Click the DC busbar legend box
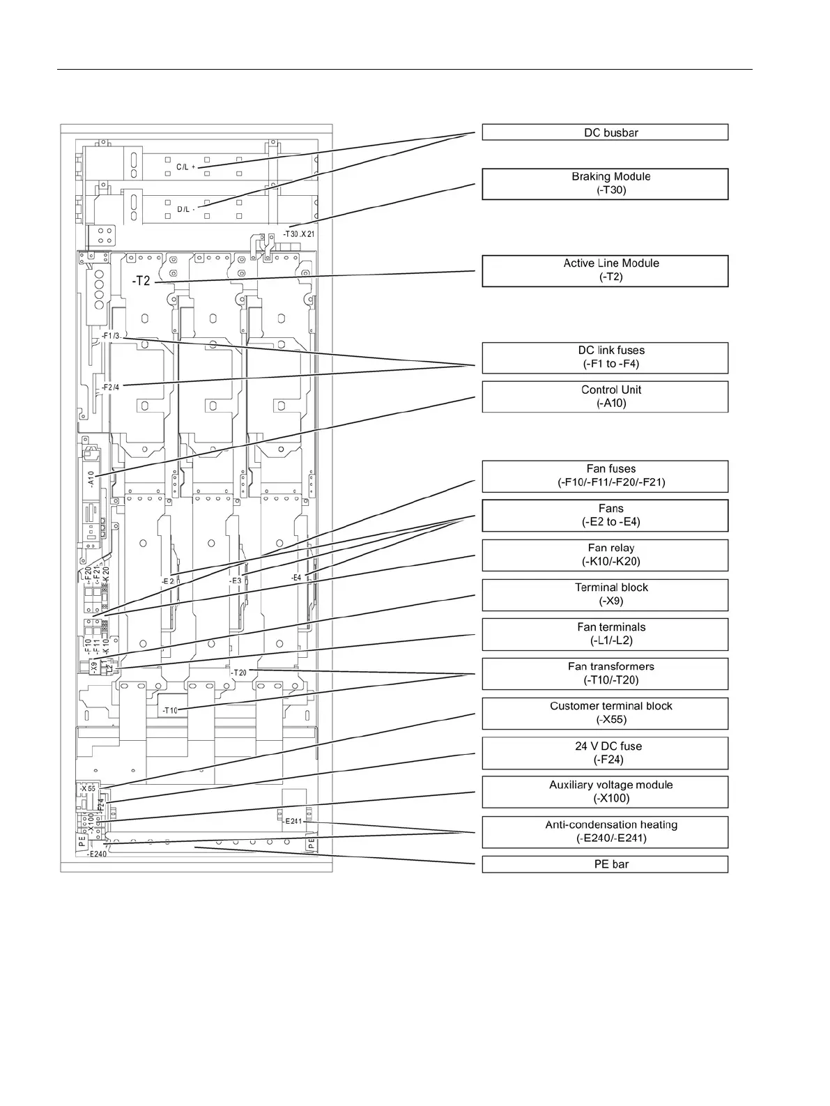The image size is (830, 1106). coord(605,132)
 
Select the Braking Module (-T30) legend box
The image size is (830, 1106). coord(605,184)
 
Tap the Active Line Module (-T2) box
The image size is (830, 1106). coord(605,270)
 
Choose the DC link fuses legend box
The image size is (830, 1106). coord(605,358)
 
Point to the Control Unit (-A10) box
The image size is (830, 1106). coord(605,397)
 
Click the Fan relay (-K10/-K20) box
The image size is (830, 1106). coord(605,555)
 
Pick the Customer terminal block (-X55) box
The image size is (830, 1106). coord(605,713)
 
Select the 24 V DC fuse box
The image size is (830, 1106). coord(605,753)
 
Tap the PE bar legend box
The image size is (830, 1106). coord(605,864)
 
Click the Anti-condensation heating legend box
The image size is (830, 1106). coord(605,831)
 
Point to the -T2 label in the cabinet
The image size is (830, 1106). coord(141,281)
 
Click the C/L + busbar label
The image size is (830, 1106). coord(185,167)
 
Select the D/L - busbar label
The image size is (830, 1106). coord(185,209)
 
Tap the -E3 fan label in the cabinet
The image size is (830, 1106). coord(236,580)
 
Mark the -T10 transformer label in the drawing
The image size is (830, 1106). coord(171,711)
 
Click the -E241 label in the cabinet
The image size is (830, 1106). coord(293,821)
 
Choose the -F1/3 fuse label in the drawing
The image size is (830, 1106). coord(112,336)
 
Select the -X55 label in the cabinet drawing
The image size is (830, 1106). coord(88,788)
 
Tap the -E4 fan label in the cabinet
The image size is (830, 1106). coord(296,578)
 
